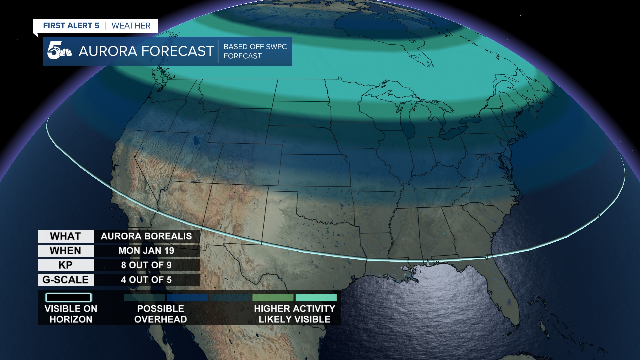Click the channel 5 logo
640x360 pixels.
59,51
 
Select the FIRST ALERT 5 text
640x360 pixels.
71,26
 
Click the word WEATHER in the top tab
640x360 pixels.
131,26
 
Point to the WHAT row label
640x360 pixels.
66,236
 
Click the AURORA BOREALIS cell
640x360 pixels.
146,236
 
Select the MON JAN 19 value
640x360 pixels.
146,251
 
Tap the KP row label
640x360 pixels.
66,265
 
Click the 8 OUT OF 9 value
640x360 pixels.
146,265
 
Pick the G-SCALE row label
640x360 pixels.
66,280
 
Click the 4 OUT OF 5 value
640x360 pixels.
146,280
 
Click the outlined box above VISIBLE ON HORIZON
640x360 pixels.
69,297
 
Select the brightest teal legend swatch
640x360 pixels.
316,297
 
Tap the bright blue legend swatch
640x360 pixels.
187,297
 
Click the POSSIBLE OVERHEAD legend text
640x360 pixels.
160,314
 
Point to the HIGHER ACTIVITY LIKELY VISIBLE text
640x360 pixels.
295,314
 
